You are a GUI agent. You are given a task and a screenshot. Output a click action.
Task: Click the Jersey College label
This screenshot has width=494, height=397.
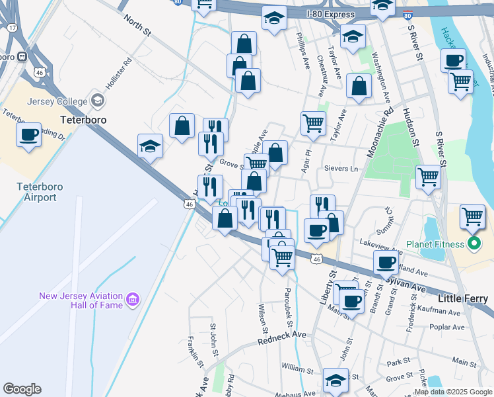(x=57, y=101)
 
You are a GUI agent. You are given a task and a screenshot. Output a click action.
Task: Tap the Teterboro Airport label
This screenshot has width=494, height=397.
(x=40, y=192)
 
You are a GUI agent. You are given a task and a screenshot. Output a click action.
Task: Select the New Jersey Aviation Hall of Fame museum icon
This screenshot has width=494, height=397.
(x=133, y=300)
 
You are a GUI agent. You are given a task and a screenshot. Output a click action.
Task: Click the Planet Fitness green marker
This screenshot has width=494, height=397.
(x=473, y=245)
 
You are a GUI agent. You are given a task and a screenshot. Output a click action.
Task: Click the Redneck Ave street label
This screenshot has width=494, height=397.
(x=282, y=337)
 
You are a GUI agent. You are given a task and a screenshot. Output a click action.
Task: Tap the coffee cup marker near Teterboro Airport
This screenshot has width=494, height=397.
(x=29, y=134)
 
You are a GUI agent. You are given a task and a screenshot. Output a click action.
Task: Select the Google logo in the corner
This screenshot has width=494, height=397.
(x=22, y=389)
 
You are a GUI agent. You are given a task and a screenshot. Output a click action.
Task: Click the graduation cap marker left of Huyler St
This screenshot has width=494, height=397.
(x=151, y=146)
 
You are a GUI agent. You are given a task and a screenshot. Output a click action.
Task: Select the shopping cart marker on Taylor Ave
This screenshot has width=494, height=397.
(x=313, y=122)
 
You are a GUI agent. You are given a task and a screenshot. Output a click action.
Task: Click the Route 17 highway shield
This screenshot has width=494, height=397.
(x=13, y=27)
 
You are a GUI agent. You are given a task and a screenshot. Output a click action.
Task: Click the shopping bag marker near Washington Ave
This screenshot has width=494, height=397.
(x=359, y=87)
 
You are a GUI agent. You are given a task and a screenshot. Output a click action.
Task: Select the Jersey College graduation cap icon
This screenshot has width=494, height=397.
(x=98, y=101)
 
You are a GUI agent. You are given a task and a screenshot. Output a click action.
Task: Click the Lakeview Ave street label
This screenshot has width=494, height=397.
(x=380, y=247)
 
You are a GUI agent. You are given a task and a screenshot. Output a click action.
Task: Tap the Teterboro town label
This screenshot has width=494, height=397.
(x=83, y=121)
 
